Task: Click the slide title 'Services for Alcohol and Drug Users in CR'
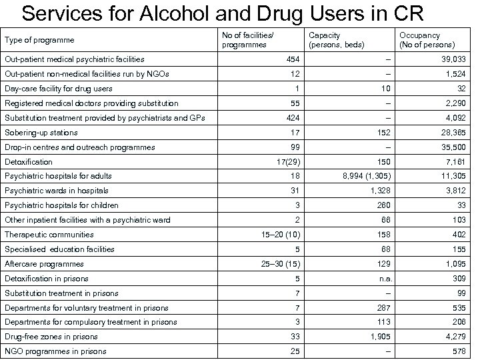(227, 14)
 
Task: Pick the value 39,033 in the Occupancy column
(451, 59)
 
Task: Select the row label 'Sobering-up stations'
(41, 133)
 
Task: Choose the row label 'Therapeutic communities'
(48, 235)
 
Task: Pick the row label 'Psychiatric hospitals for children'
(61, 205)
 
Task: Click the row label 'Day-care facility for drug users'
(59, 89)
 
